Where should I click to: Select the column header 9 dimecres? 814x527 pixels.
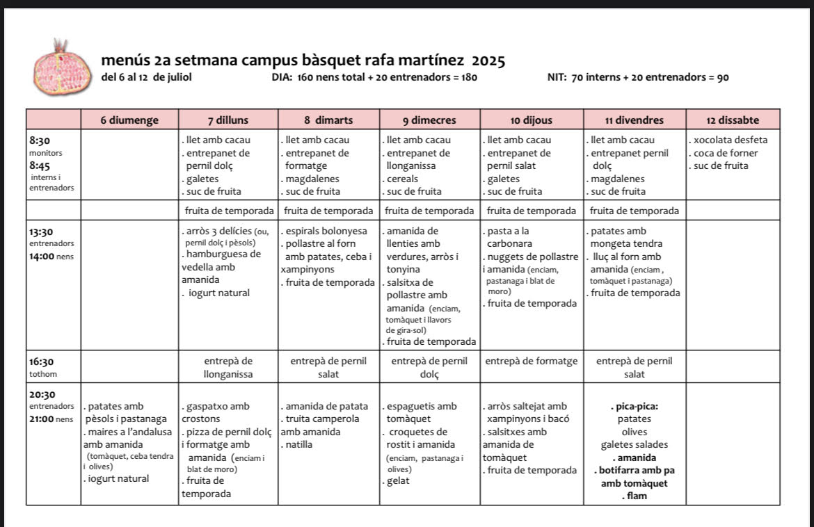(x=429, y=120)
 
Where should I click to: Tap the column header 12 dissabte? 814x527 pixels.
(x=732, y=120)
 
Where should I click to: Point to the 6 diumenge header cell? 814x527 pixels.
(x=129, y=120)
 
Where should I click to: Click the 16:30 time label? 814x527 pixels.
(x=41, y=362)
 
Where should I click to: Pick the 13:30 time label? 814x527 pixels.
(x=41, y=232)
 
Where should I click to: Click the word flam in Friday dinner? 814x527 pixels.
(x=635, y=496)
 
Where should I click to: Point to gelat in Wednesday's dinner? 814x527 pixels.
(x=399, y=481)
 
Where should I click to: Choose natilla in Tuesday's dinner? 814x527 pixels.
(x=299, y=444)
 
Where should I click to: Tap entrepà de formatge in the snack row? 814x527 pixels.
(x=531, y=362)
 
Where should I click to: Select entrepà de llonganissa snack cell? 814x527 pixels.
(x=228, y=368)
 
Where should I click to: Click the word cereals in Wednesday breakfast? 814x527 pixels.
(x=404, y=179)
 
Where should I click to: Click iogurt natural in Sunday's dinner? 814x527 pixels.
(x=118, y=478)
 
